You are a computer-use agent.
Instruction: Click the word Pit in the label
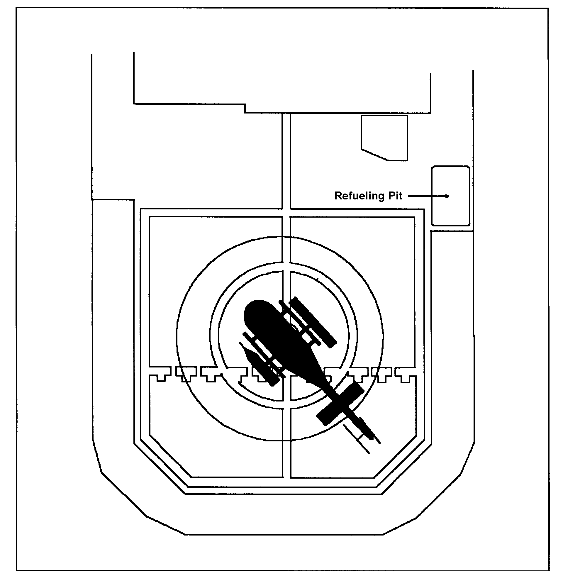(x=396, y=196)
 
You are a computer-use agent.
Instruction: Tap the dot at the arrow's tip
(x=447, y=196)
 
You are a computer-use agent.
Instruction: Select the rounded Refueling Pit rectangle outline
(x=451, y=166)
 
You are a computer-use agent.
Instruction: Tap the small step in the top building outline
(x=245, y=108)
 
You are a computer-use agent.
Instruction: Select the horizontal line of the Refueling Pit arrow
(x=427, y=196)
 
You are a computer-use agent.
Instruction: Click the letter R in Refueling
(x=338, y=196)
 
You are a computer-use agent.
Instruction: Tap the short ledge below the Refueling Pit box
(x=452, y=231)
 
